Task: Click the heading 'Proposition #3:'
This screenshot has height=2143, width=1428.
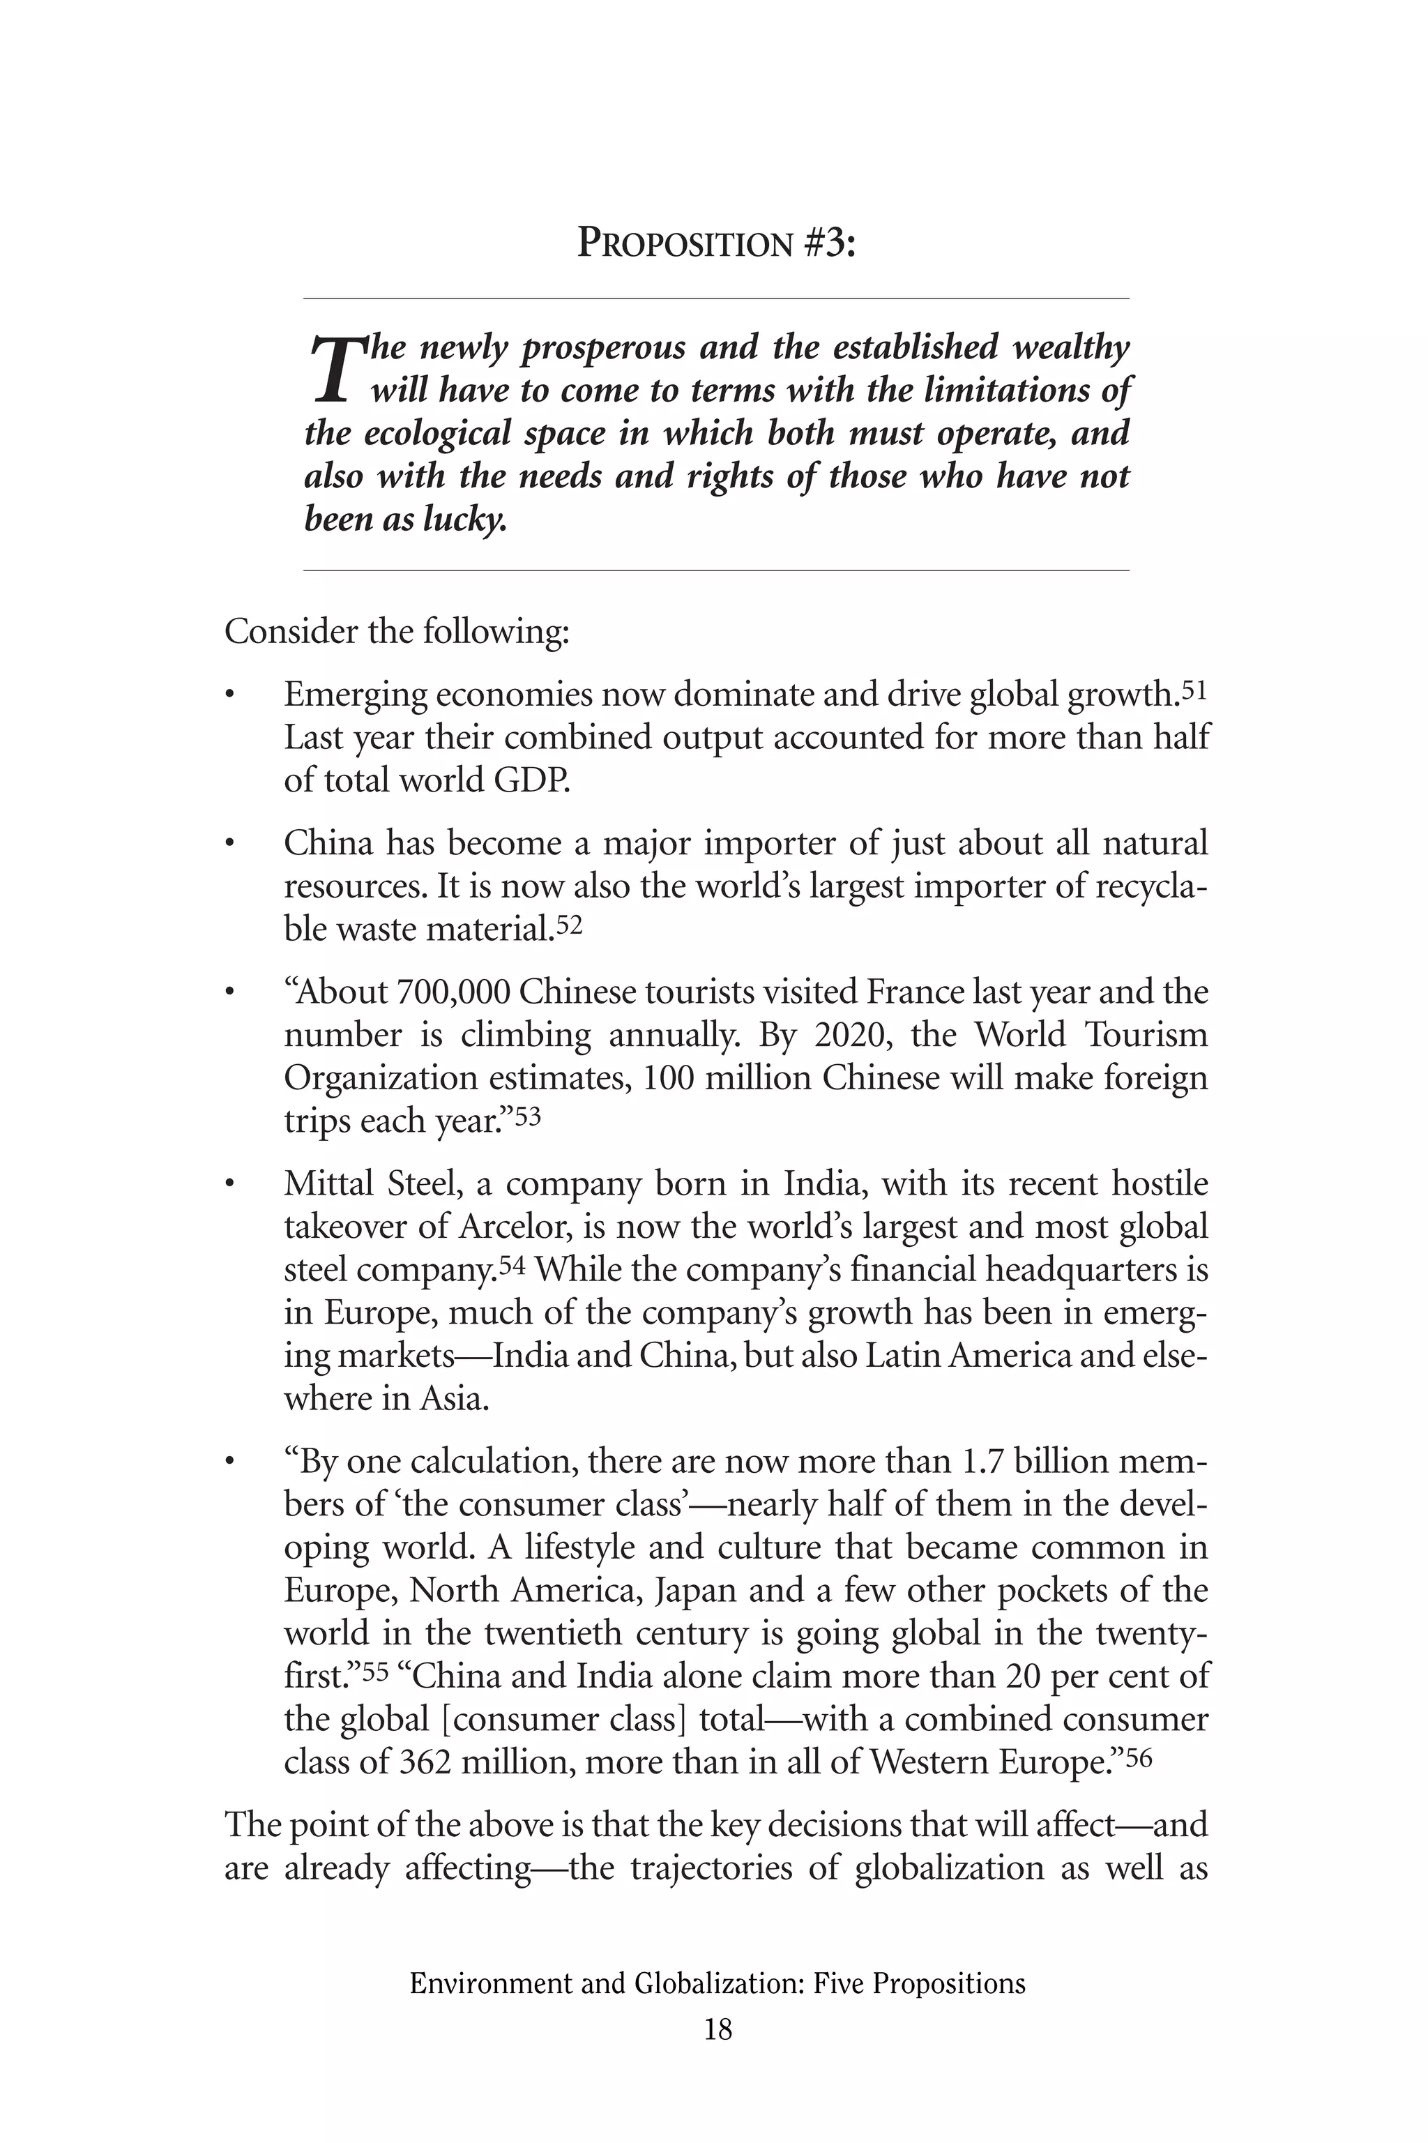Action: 717,244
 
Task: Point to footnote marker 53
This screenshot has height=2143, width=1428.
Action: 529,1116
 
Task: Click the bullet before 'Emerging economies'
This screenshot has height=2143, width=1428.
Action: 231,696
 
